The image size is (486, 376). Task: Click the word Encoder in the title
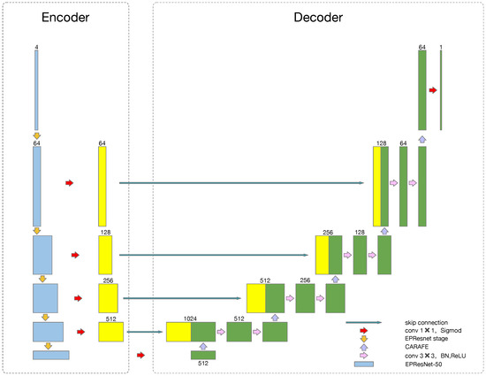point(64,17)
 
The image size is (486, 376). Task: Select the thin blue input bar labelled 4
point(36,89)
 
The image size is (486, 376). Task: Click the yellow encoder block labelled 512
point(110,332)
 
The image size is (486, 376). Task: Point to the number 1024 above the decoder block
point(190,316)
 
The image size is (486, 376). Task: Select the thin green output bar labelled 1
point(441,89)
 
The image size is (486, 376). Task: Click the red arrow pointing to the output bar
point(432,89)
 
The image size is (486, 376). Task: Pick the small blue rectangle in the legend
point(363,363)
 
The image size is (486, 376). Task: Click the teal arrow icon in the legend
point(363,322)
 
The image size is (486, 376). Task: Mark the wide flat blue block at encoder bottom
point(50,355)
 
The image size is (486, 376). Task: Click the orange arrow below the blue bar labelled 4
point(36,135)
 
